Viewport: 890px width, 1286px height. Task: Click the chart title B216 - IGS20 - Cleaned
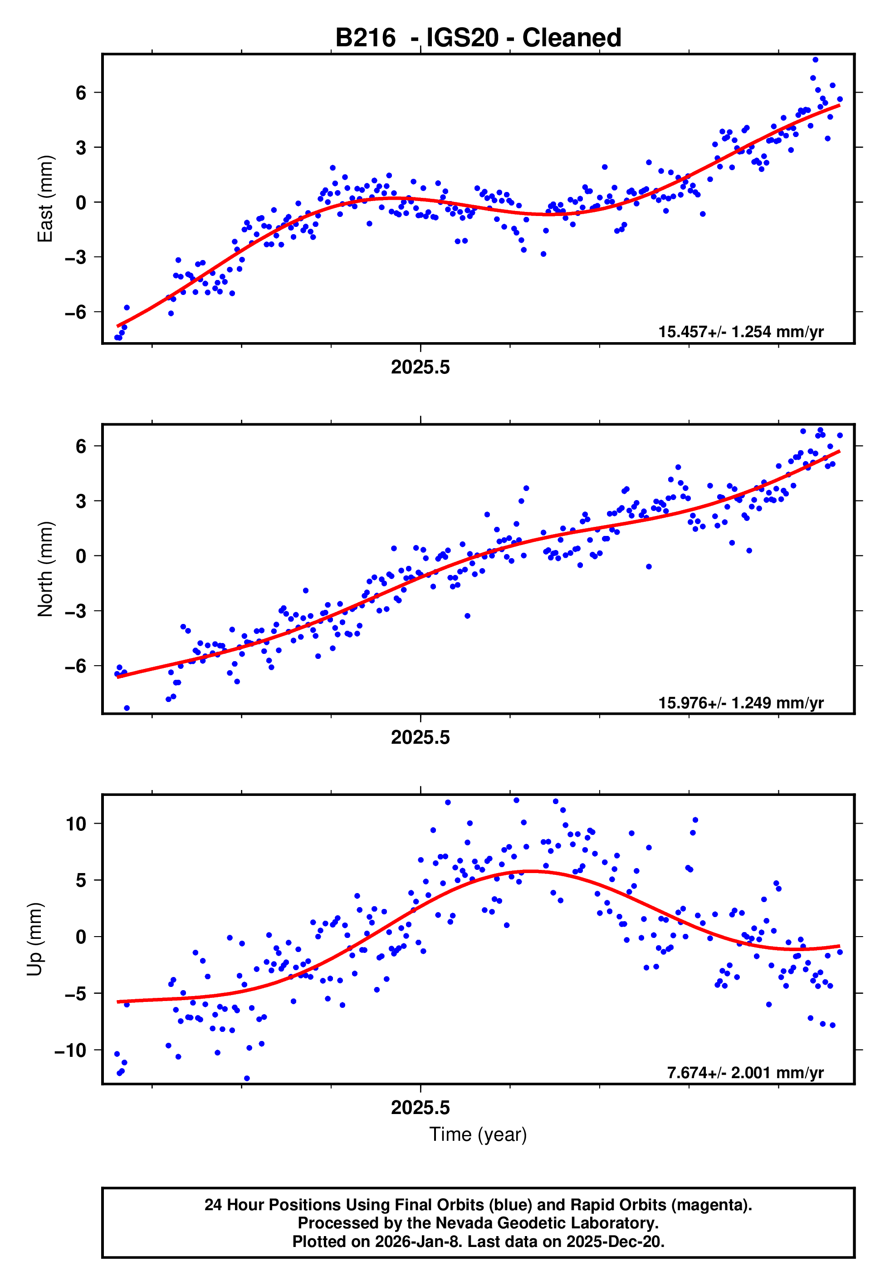(x=478, y=38)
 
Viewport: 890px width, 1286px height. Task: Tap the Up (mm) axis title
(x=34, y=939)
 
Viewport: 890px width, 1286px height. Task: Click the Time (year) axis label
(x=478, y=1134)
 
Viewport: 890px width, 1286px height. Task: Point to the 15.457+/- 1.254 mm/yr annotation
(x=741, y=332)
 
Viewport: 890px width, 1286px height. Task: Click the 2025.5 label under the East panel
(x=420, y=368)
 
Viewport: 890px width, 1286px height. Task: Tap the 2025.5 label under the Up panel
(x=420, y=1108)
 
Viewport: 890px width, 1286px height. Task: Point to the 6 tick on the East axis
(x=81, y=93)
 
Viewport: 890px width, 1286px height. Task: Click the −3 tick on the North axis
(x=76, y=611)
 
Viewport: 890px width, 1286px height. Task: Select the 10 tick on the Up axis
(x=76, y=824)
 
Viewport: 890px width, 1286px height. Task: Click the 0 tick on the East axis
(x=81, y=202)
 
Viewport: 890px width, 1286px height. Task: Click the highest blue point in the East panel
(x=815, y=59)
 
